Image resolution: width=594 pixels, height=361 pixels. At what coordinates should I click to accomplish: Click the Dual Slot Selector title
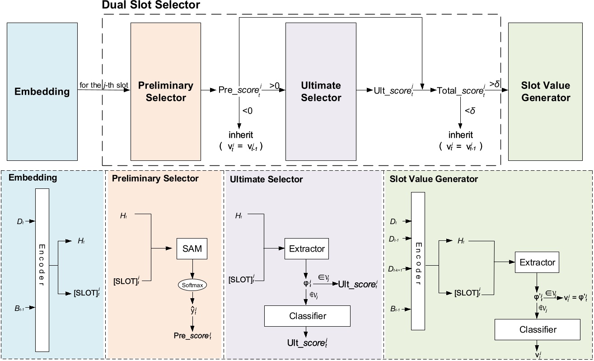click(151, 5)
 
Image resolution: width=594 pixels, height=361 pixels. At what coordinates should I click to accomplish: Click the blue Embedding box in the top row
click(42, 91)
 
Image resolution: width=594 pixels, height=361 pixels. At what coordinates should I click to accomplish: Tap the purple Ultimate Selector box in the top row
click(320, 91)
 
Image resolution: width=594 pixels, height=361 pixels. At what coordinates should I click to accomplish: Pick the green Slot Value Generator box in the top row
click(546, 91)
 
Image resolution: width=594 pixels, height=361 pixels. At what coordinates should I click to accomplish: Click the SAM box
click(192, 248)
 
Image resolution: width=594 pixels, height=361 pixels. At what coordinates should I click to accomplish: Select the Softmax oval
click(192, 285)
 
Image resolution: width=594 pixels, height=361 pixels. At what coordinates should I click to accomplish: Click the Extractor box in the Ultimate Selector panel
click(307, 248)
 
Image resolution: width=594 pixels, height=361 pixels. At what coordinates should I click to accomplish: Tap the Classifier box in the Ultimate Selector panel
click(307, 316)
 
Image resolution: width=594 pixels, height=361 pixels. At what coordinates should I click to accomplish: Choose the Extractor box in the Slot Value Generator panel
click(537, 262)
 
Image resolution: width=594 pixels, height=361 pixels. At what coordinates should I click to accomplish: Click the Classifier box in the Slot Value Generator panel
click(537, 329)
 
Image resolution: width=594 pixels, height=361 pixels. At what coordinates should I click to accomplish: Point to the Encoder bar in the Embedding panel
click(42, 270)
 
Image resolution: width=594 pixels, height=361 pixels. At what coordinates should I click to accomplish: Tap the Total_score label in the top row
click(461, 91)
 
